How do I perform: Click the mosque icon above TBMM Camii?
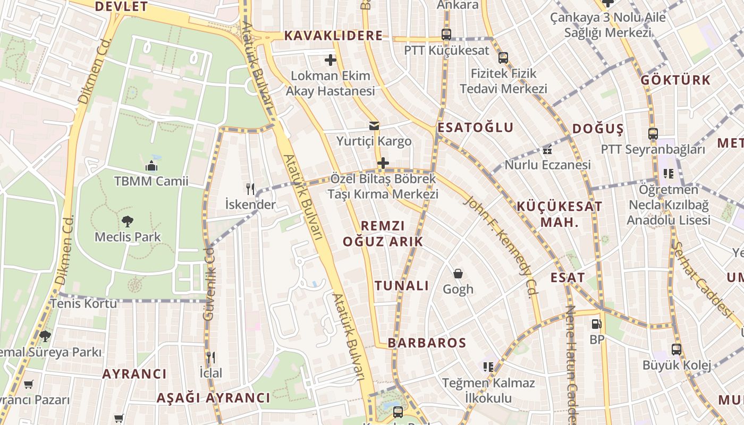click(x=151, y=165)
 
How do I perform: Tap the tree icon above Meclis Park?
click(x=128, y=221)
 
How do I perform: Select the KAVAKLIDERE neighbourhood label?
click(x=333, y=36)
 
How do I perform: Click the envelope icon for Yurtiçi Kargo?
click(x=374, y=126)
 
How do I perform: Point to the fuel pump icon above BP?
click(x=597, y=324)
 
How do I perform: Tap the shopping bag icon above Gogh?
click(x=458, y=274)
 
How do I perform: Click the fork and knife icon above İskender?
click(x=250, y=189)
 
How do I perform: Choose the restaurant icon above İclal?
click(x=211, y=357)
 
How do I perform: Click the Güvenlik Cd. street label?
click(x=208, y=283)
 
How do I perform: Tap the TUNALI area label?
click(x=402, y=286)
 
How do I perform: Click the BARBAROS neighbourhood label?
click(x=427, y=343)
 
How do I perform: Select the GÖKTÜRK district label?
click(x=675, y=80)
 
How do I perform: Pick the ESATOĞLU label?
click(x=475, y=127)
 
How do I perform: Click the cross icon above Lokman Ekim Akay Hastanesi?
click(x=331, y=60)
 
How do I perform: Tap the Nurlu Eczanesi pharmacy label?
click(x=547, y=165)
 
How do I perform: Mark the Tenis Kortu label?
click(x=83, y=303)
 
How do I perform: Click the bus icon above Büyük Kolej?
click(x=676, y=350)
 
